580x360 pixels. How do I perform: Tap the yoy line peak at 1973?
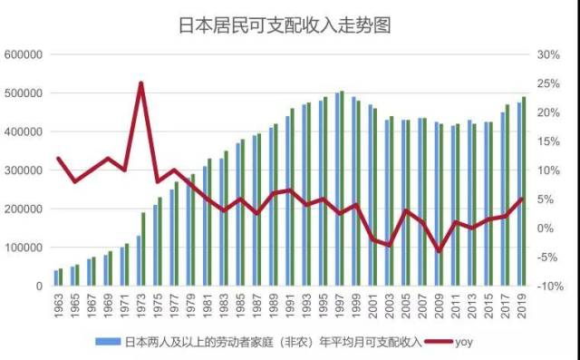coord(140,83)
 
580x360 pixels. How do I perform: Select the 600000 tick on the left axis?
coord(24,54)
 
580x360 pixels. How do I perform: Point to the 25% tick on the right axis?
coord(547,83)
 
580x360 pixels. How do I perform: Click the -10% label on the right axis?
coord(547,287)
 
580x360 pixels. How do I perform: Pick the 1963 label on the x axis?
coord(59,306)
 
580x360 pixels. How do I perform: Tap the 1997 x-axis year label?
coord(340,306)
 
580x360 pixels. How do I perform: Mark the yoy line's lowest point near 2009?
coord(440,251)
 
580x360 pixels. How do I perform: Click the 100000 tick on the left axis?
coord(24,248)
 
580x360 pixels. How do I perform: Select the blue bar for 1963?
coord(56,277)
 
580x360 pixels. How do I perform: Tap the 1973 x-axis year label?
coord(141,306)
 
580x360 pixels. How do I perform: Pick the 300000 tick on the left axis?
coord(24,170)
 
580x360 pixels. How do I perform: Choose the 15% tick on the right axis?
coord(547,141)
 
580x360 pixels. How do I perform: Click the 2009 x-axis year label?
coord(439,306)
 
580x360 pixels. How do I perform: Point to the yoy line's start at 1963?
coord(58,159)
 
